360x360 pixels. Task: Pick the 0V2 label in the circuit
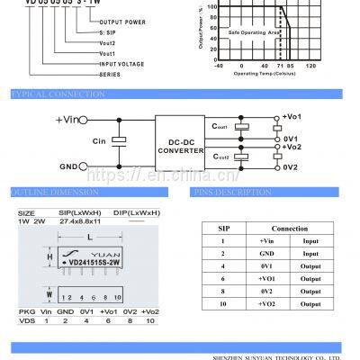click(290, 167)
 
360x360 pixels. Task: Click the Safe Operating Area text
click(232, 32)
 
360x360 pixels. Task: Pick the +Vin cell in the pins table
click(266, 241)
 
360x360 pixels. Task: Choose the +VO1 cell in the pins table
click(266, 279)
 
